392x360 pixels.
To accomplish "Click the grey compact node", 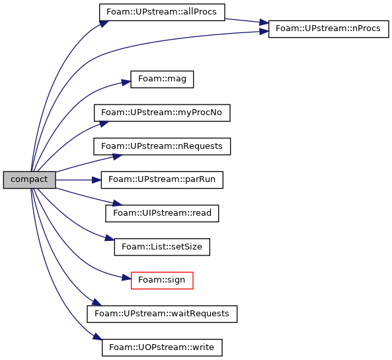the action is click(29, 180).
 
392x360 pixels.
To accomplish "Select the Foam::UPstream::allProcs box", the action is click(162, 13).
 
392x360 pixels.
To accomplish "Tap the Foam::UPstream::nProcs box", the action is click(329, 29).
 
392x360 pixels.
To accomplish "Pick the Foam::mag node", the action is click(162, 79).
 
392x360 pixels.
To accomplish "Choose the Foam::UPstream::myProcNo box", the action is click(162, 113).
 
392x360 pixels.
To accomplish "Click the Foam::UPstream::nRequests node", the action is click(162, 146).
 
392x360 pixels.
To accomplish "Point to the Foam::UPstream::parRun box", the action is click(162, 180).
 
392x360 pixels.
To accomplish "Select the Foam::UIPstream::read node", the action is click(162, 213).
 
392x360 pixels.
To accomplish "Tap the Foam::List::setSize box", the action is click(162, 247).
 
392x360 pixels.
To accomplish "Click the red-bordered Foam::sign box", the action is click(162, 281).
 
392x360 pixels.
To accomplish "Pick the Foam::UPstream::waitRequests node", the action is click(162, 314).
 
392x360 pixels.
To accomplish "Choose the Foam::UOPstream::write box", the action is click(162, 347).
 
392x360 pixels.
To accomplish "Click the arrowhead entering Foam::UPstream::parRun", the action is click(97, 180).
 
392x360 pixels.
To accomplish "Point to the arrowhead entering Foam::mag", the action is click(126, 82).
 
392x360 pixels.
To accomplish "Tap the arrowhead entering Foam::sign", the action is click(126, 278).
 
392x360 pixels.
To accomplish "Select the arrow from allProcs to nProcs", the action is click(247, 21).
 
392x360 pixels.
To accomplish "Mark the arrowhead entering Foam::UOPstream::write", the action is click(97, 336).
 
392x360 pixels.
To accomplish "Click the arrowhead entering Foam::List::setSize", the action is click(110, 238).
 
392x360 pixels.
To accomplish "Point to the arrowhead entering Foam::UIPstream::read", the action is click(117, 202).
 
